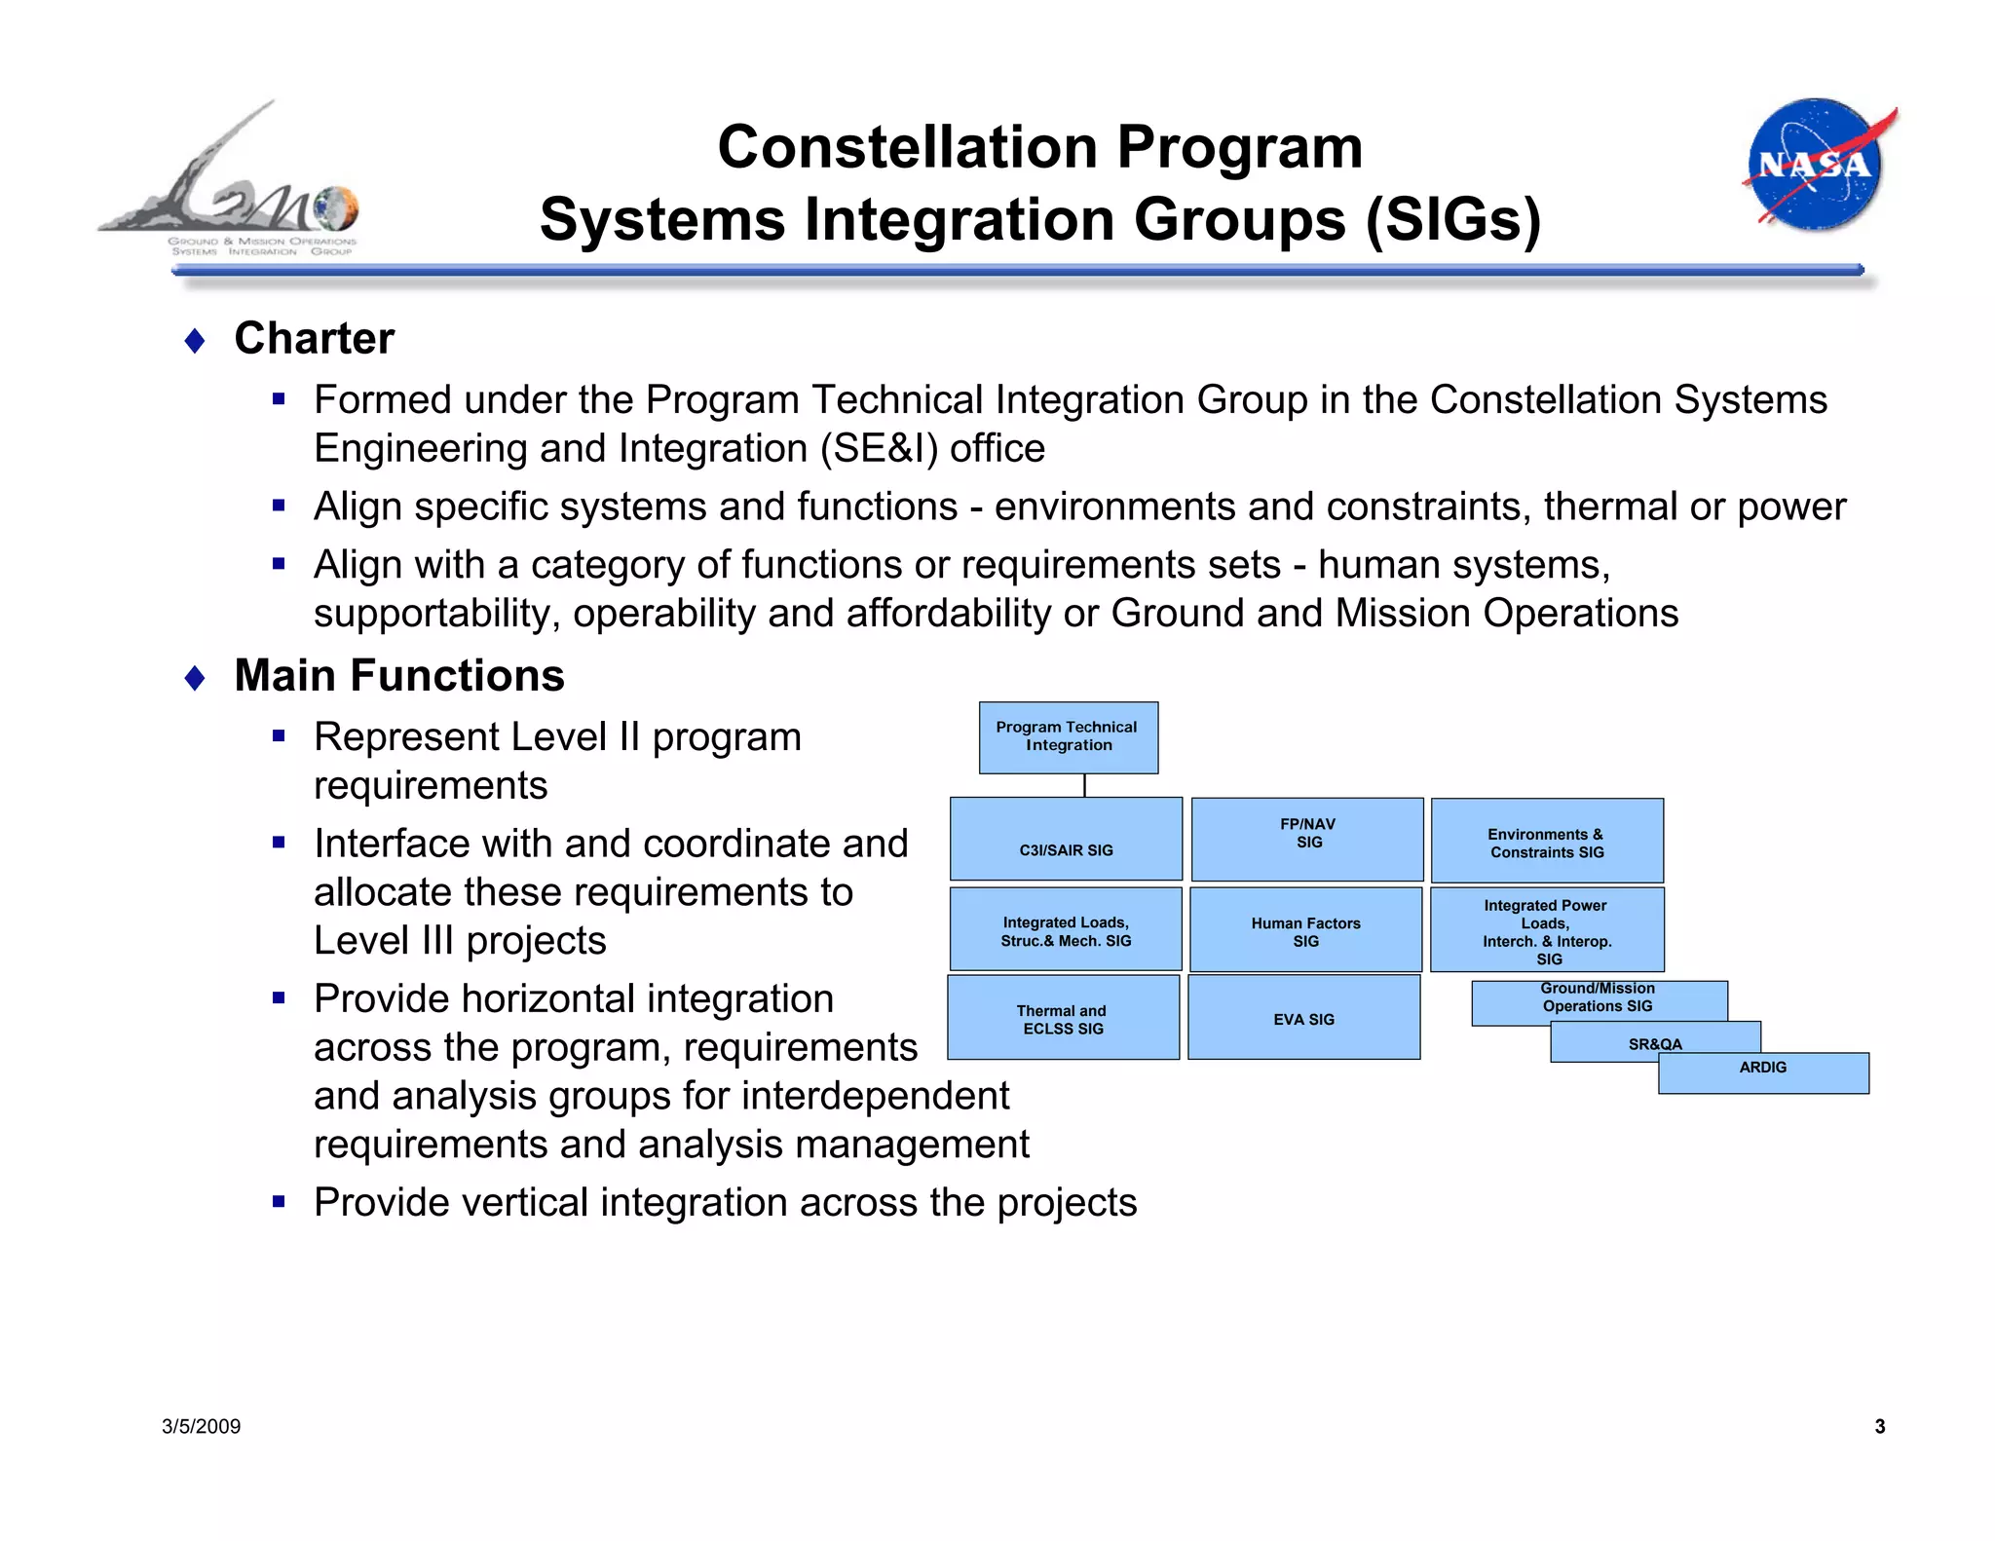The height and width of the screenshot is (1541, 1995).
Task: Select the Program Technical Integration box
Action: [x=1068, y=736]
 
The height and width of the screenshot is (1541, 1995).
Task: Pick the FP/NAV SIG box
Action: [x=1307, y=839]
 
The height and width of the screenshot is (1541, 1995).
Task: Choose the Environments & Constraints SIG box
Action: [x=1547, y=841]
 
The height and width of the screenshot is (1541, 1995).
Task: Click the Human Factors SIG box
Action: [x=1305, y=929]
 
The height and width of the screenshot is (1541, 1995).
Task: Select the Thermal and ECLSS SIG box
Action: [x=1063, y=1018]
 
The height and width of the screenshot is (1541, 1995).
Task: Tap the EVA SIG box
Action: [x=1303, y=1018]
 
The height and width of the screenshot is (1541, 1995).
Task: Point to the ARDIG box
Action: [x=1763, y=1072]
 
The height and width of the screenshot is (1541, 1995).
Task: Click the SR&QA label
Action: [x=1655, y=1043]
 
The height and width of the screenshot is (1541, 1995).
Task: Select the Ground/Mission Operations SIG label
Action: [x=1598, y=997]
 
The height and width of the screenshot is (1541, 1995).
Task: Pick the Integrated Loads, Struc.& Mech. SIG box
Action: [x=1066, y=929]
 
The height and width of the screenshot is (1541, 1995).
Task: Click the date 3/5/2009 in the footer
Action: [x=202, y=1426]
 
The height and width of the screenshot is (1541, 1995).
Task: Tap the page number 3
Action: [x=1879, y=1426]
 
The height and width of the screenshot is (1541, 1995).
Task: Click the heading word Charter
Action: [x=314, y=339]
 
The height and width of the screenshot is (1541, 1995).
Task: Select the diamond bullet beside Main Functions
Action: [x=195, y=678]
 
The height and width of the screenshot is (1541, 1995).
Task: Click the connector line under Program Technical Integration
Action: [x=1084, y=785]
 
